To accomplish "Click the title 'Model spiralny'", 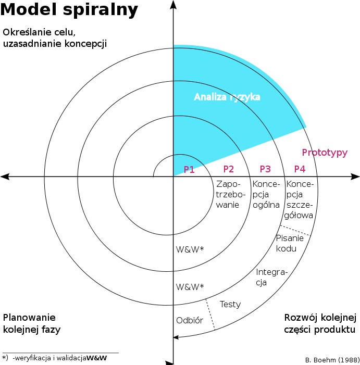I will pos(69,10).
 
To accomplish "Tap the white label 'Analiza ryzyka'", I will pos(227,97).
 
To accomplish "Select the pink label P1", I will pos(189,169).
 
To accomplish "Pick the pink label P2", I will pos(228,169).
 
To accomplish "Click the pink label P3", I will pos(265,169).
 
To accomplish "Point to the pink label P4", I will pos(300,169).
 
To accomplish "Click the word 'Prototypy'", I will pos(325,153).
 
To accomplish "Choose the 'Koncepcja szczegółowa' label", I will pos(299,199).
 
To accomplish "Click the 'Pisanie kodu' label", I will pos(286,243).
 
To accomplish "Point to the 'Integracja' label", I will pos(268,277).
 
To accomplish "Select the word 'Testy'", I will pos(230,304).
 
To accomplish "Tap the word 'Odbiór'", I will pos(189,320).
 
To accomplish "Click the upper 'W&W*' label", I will pos(190,249).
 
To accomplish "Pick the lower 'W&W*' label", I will pos(190,286).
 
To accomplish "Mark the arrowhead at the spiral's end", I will pos(177,337).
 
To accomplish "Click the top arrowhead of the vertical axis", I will pos(173,4).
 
